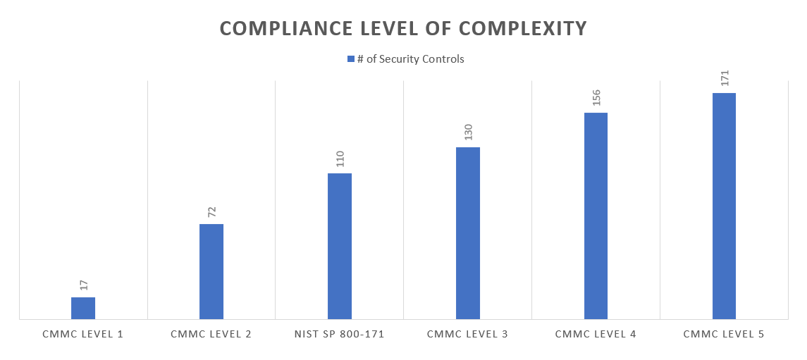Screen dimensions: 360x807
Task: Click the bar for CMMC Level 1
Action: click(83, 308)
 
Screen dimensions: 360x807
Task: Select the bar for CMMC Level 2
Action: click(211, 271)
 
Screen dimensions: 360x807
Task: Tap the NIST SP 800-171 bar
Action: click(340, 246)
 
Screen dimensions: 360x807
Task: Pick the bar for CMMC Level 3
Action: click(468, 232)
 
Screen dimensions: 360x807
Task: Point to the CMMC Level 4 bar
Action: click(596, 216)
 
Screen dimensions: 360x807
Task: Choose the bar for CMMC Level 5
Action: click(724, 206)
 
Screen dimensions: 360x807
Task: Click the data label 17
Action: click(83, 285)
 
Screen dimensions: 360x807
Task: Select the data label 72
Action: click(211, 211)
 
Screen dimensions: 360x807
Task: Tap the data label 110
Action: click(340, 159)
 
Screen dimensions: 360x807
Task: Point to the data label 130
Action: click(468, 132)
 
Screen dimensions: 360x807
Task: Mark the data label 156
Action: click(596, 97)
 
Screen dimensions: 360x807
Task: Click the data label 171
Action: click(724, 77)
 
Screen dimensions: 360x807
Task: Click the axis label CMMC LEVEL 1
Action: click(83, 334)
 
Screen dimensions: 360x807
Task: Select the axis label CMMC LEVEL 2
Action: click(211, 334)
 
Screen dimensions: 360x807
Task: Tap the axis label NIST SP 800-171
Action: click(340, 334)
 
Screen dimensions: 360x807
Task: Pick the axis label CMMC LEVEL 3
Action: click(468, 334)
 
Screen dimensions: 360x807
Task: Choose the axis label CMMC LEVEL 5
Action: click(724, 334)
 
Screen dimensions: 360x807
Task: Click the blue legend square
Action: click(350, 59)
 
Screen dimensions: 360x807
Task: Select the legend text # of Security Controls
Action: click(411, 59)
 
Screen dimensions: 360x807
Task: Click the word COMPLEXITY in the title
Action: click(523, 28)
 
